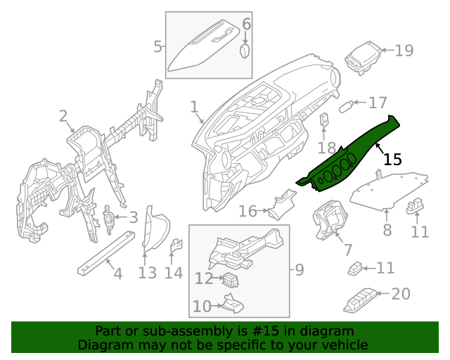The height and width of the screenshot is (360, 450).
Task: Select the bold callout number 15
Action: coord(392,160)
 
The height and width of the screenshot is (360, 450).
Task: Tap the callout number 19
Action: coord(404,51)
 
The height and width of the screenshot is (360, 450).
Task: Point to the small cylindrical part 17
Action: coord(346,107)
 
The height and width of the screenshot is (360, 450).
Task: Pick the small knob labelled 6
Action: coord(245,52)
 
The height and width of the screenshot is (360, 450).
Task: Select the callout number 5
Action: coord(157,47)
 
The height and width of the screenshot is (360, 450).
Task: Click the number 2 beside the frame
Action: coord(63,116)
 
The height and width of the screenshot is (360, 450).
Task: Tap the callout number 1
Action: coord(194,107)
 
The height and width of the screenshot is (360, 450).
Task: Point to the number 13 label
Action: coord(147,272)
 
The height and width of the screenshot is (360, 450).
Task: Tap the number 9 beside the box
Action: coord(299,269)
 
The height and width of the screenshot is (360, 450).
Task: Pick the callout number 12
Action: coord(203,279)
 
